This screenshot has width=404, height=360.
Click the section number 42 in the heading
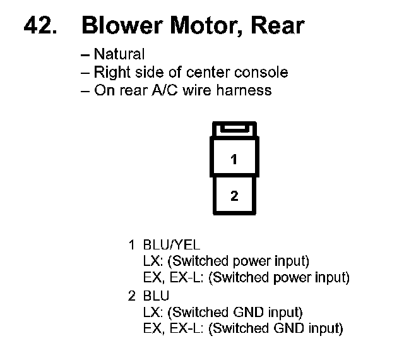point(40,25)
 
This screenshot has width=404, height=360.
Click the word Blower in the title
point(122,25)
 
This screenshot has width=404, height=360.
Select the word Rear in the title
point(278,25)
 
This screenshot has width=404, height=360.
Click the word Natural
point(119,54)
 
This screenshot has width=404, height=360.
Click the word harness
point(244,90)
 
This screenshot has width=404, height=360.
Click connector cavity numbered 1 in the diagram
point(234,157)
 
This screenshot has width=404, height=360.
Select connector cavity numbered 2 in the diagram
point(234,195)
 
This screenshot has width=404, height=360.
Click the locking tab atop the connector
point(234,129)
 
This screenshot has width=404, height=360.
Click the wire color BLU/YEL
point(172,244)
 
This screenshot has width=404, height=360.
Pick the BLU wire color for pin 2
point(156,296)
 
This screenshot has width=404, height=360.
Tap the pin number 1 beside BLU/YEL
point(132,244)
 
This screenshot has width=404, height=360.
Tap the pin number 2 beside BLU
point(132,296)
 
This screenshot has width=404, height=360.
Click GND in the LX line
point(248,312)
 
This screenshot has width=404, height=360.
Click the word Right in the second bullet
point(112,73)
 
